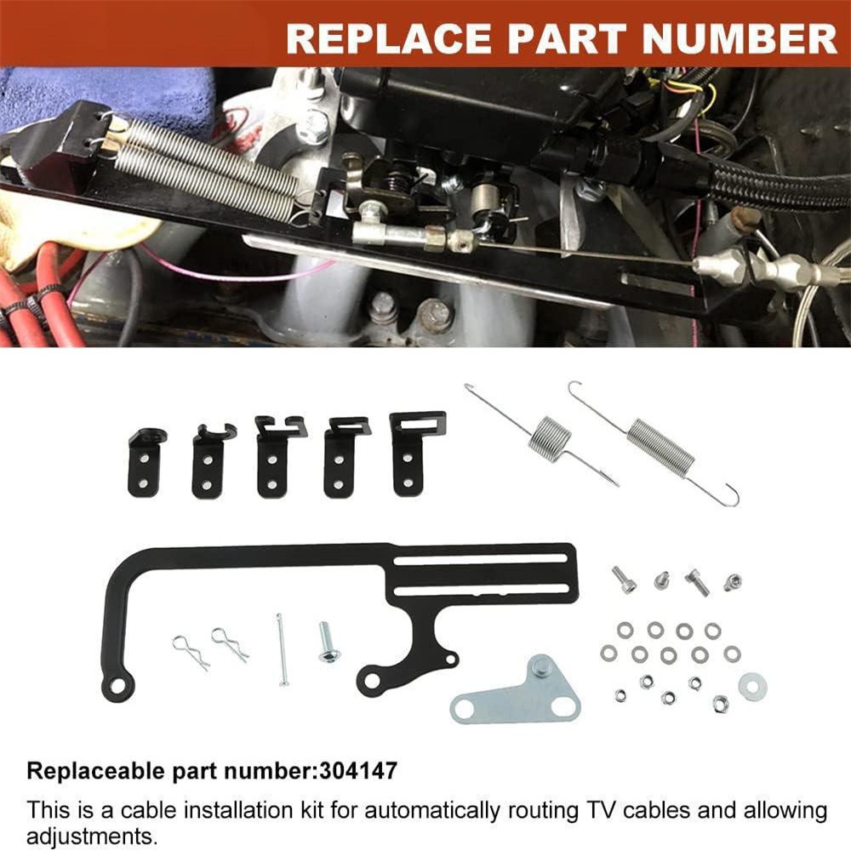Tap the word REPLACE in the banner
[x=388, y=38]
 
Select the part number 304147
[x=358, y=771]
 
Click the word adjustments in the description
[x=90, y=836]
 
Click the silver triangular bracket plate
[x=516, y=691]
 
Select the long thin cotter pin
[x=281, y=649]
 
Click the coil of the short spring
[x=551, y=439]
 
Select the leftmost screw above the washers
[x=624, y=580]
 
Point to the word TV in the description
[x=599, y=810]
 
